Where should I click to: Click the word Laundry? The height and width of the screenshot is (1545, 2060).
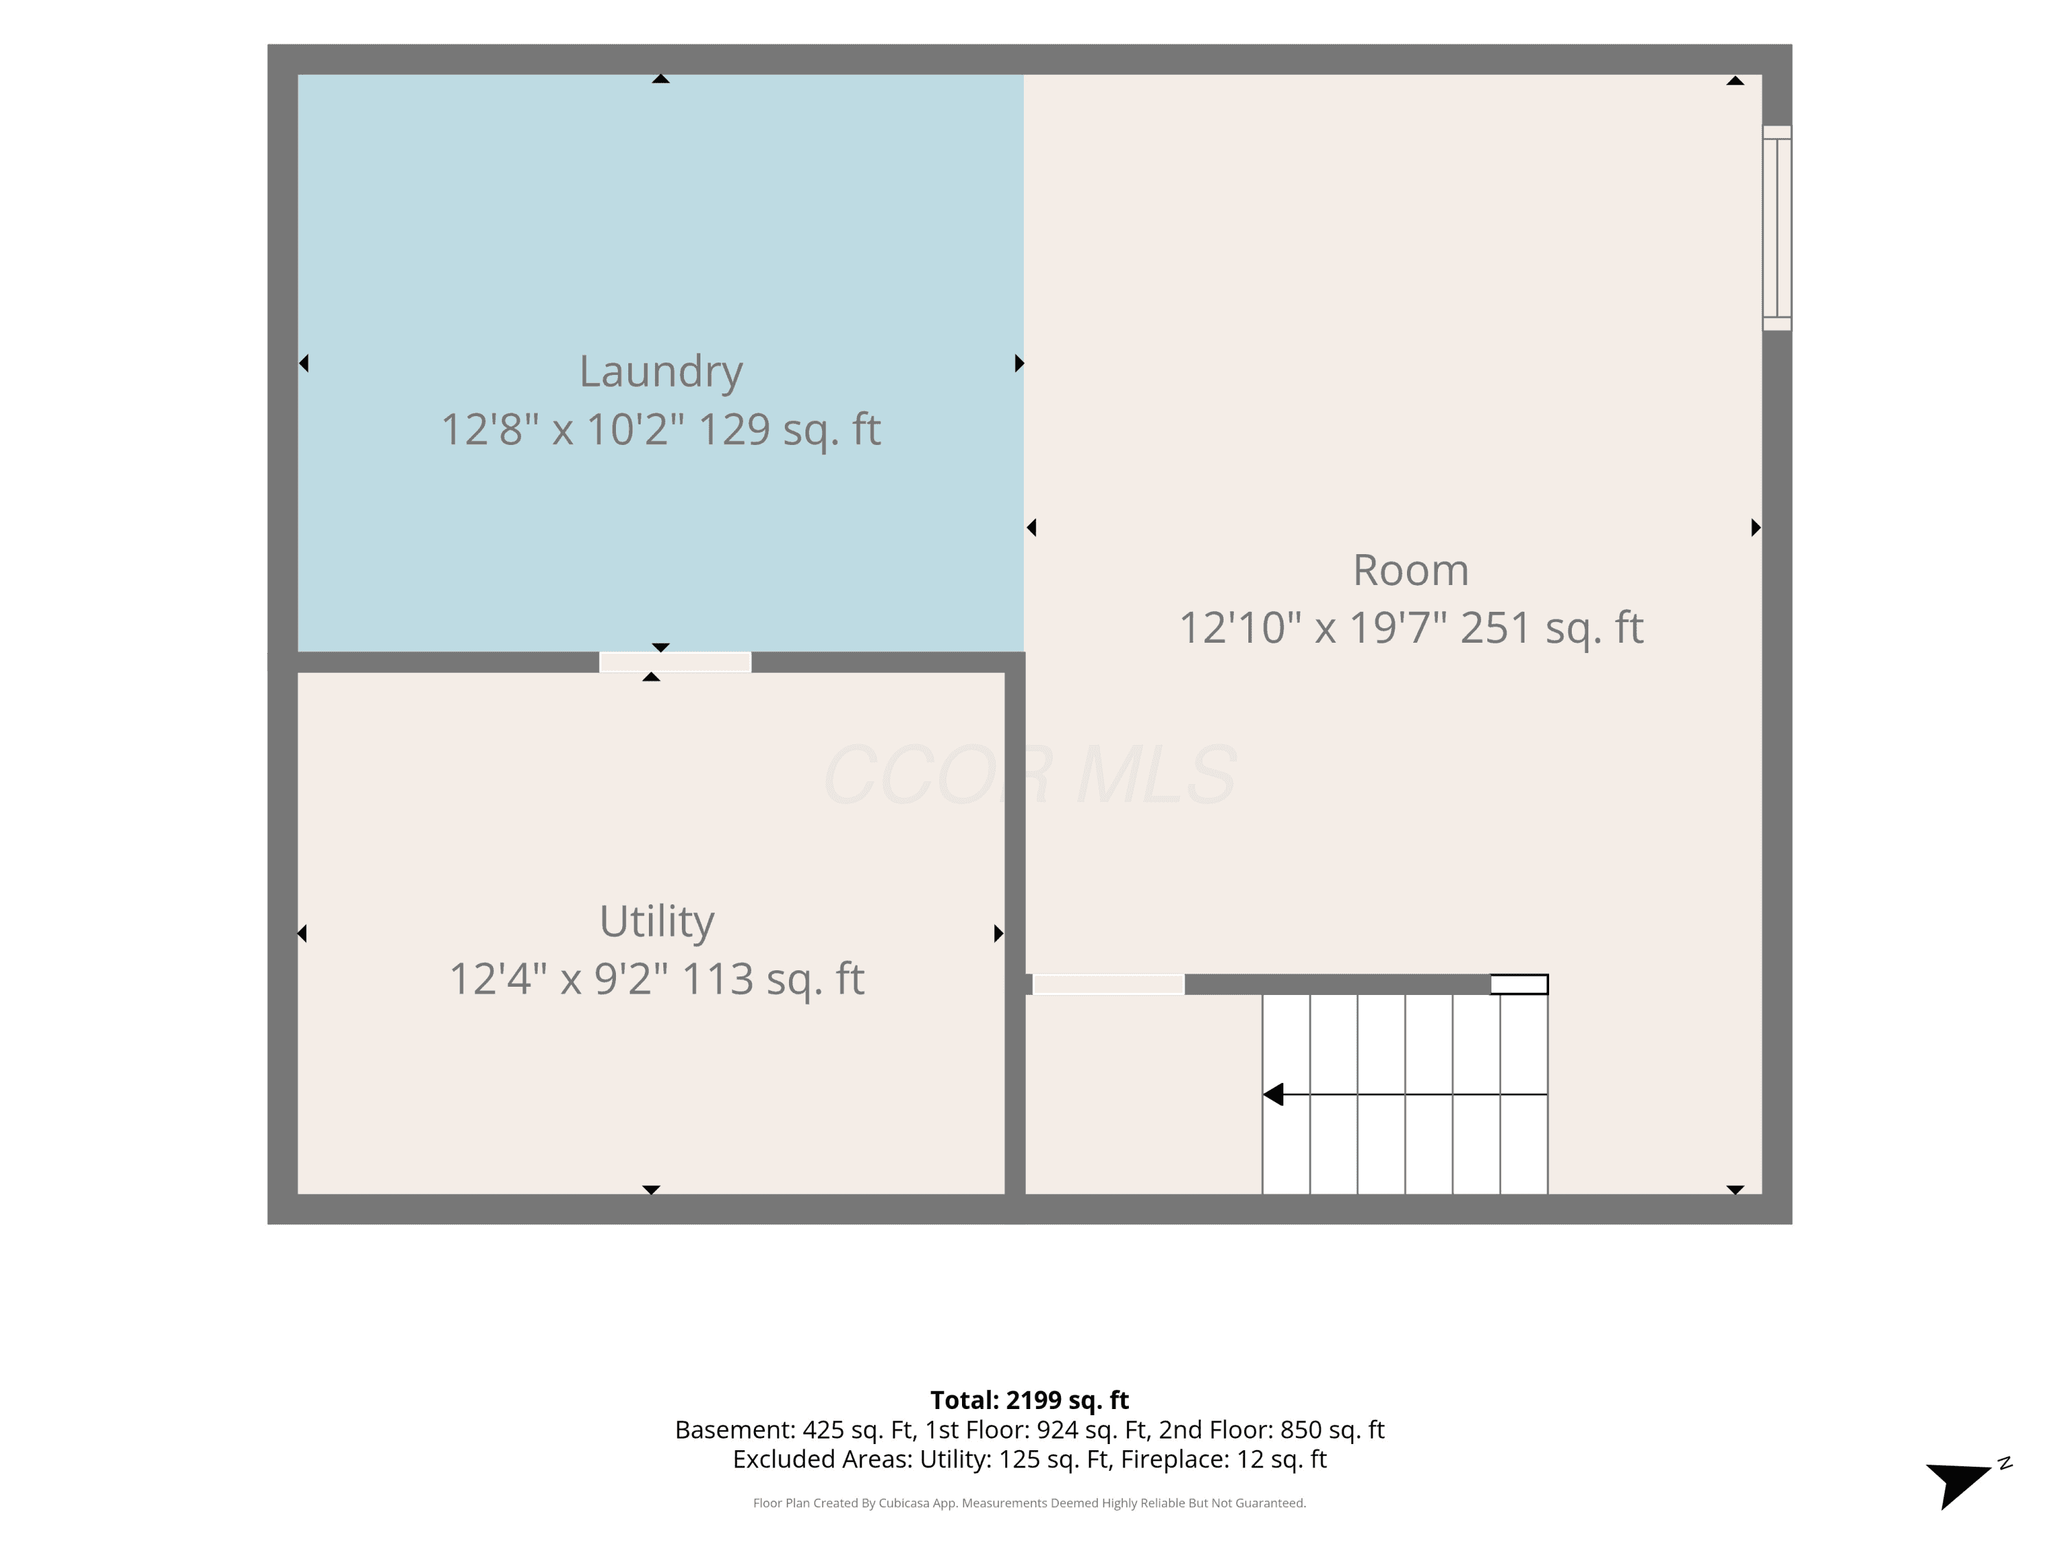(x=661, y=371)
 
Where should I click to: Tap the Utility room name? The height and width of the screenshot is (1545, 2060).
(x=656, y=922)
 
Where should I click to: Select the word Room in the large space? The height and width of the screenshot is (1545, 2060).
(x=1411, y=570)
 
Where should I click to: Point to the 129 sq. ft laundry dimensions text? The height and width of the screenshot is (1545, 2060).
(x=661, y=429)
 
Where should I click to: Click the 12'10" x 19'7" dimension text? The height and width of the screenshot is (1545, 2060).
(x=1313, y=628)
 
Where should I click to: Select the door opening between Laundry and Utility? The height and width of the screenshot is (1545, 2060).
(x=675, y=662)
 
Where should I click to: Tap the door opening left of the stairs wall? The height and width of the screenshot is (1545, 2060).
(x=1108, y=985)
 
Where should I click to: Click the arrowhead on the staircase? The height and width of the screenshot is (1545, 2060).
(x=1273, y=1095)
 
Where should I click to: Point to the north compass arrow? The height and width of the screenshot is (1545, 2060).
(x=1958, y=1483)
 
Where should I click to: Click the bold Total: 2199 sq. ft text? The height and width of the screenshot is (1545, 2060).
(x=1029, y=1399)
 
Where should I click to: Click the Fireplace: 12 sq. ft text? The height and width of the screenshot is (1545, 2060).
(x=1224, y=1459)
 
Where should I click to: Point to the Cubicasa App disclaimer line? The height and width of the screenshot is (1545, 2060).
(x=1029, y=1503)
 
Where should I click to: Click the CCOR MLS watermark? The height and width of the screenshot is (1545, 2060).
(x=1030, y=775)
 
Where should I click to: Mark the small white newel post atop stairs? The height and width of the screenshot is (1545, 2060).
(x=1519, y=985)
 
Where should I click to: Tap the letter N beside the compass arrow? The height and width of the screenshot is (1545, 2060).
(x=2005, y=1463)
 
